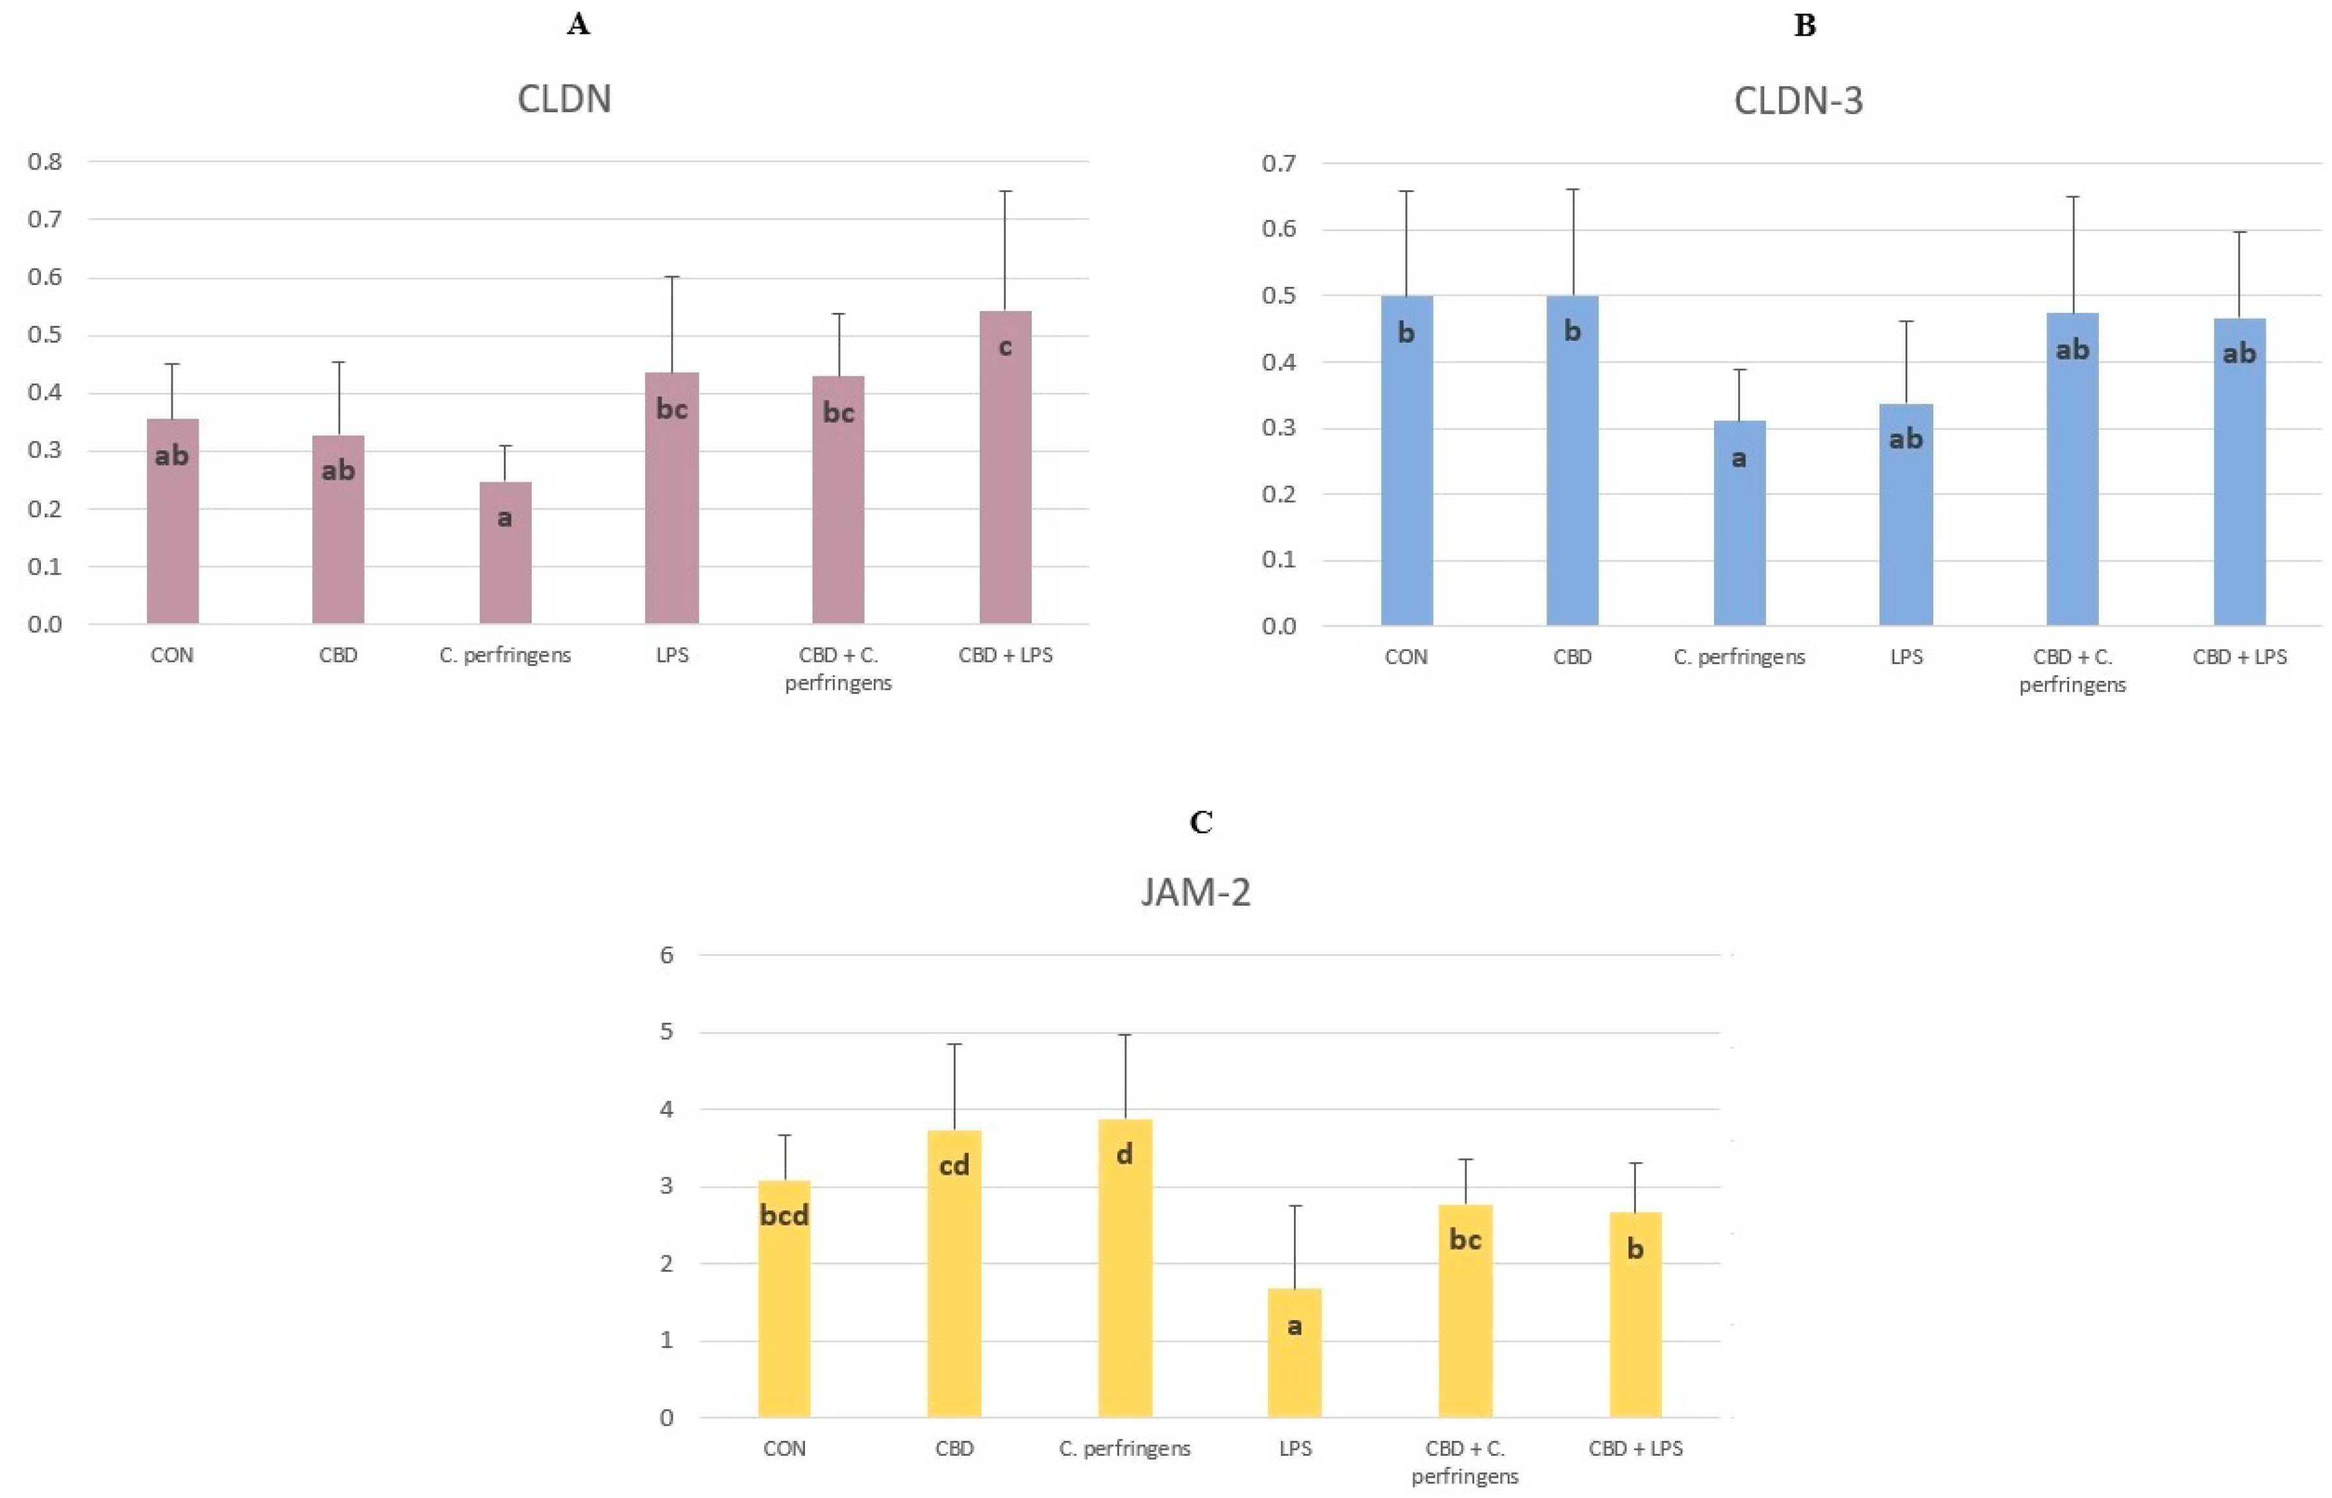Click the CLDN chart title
(564, 99)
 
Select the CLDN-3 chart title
(1798, 101)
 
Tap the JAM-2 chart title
(1196, 892)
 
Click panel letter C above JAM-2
(1200, 823)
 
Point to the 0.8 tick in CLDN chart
(45, 162)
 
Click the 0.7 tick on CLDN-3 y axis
(1278, 164)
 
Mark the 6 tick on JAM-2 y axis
(666, 955)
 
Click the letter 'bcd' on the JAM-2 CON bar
(784, 1215)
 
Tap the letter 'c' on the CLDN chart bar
(1005, 347)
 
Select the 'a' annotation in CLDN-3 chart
(1739, 457)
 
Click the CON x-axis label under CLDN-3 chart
(1406, 657)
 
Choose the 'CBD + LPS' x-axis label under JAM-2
(1635, 1449)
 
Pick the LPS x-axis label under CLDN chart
(672, 655)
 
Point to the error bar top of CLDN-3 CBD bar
(1572, 190)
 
